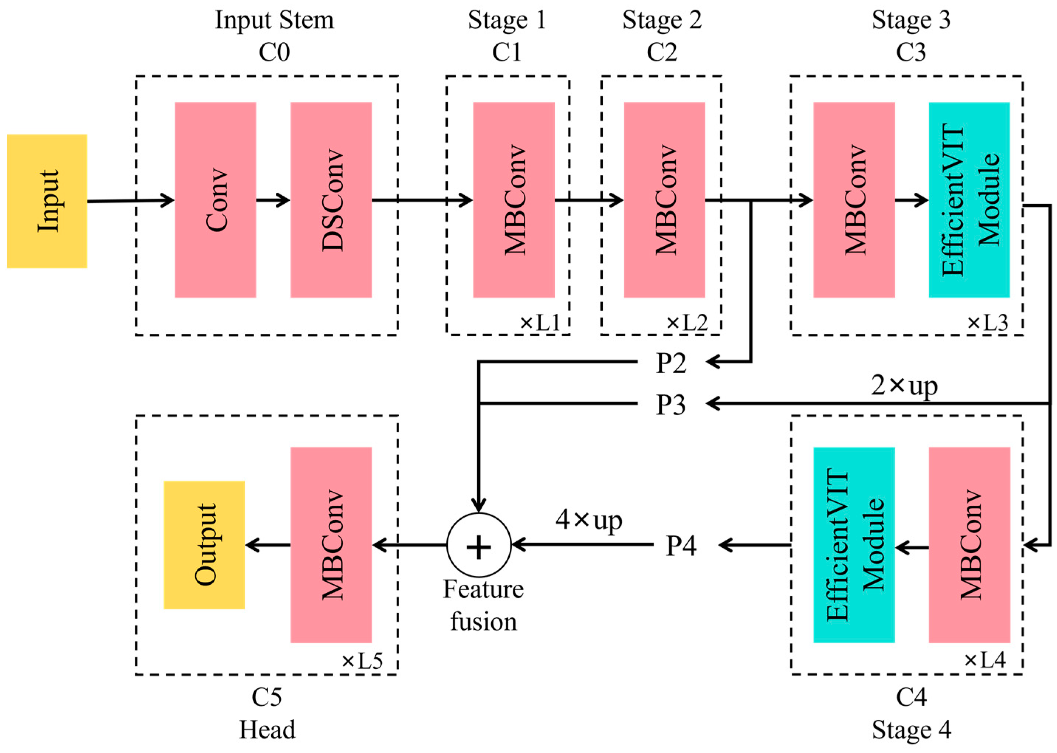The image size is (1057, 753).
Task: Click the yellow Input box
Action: [x=47, y=201]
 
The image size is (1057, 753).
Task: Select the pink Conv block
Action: [x=215, y=200]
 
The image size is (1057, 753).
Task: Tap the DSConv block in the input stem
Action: [x=331, y=200]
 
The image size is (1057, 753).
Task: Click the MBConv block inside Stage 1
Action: [x=513, y=200]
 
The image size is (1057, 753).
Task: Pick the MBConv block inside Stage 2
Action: [x=664, y=200]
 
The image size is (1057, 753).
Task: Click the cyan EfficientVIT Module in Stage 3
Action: [x=969, y=200]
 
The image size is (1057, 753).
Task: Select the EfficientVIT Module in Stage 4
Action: [x=854, y=545]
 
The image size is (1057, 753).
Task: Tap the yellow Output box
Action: [x=204, y=545]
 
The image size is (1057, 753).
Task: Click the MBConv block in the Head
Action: [x=331, y=545]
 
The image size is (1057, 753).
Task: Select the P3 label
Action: [x=670, y=404]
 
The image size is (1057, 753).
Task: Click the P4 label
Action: [x=681, y=546]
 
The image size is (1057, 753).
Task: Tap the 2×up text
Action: [x=904, y=386]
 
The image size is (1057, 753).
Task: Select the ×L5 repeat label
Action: [x=362, y=661]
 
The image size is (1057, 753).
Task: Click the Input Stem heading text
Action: [x=274, y=20]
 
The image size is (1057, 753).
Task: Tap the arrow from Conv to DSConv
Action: [x=273, y=200]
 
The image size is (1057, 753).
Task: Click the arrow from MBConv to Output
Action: [x=268, y=545]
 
